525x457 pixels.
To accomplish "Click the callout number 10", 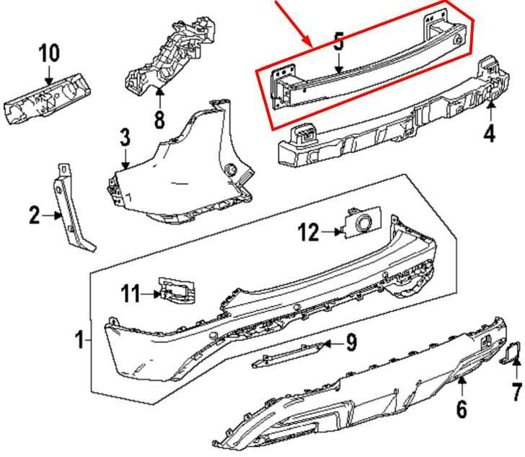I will coord(50,53).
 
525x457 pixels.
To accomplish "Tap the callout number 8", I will coord(159,118).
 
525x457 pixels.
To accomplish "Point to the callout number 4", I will coord(490,134).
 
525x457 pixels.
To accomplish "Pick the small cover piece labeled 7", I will coord(513,353).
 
